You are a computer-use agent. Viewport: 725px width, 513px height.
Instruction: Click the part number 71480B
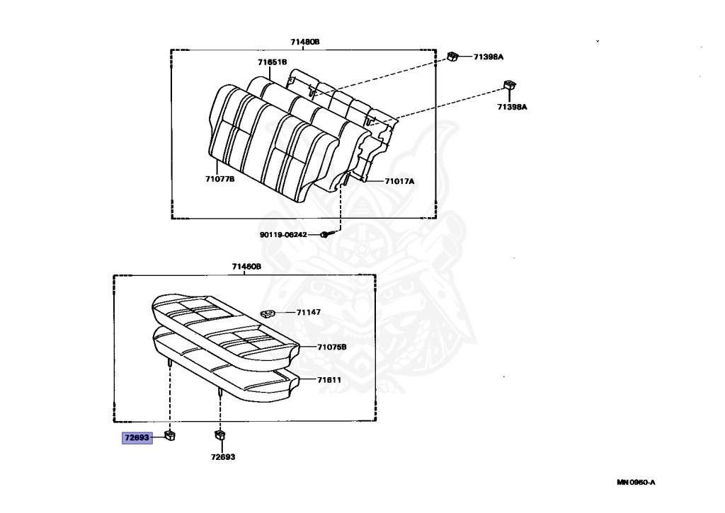point(305,42)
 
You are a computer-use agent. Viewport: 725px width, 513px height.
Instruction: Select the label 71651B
point(272,62)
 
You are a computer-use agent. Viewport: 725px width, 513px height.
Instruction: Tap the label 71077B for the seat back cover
point(220,179)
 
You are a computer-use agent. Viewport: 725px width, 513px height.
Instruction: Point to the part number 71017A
point(399,181)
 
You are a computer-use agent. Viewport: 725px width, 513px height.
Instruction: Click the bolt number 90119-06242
point(282,235)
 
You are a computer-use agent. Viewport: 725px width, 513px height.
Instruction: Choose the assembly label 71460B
point(246,267)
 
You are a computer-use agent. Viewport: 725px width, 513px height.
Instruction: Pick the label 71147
point(309,312)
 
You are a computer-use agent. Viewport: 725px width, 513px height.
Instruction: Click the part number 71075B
point(332,347)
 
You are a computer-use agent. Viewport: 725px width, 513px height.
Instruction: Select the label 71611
point(329,380)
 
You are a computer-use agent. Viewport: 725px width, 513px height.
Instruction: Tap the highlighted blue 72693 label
point(137,438)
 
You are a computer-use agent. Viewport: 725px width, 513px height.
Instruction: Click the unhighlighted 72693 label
point(222,456)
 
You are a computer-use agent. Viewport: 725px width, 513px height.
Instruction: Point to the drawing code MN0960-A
point(636,483)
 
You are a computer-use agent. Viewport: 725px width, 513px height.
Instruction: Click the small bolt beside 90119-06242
point(324,235)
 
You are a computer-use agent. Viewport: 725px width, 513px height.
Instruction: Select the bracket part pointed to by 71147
point(267,313)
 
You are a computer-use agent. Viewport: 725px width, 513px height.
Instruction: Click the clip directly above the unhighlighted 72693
point(219,435)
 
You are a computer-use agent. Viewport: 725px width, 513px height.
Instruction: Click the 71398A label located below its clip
point(512,107)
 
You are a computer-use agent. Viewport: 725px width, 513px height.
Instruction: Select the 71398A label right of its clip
point(488,57)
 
